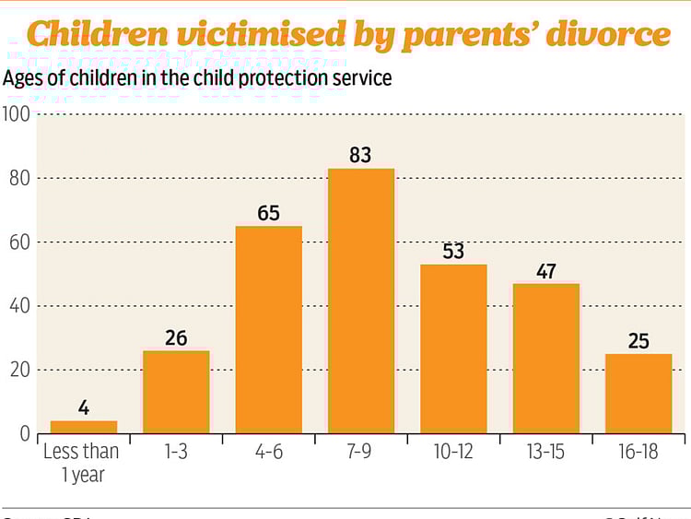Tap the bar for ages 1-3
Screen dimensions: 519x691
tap(176, 392)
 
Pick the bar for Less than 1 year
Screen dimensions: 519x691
tap(84, 427)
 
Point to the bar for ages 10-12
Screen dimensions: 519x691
tap(453, 349)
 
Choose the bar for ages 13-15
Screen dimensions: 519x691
tap(545, 359)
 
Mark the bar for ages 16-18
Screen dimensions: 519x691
tap(638, 394)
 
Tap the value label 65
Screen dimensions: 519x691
tap(268, 213)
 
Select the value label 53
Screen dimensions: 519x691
tap(453, 252)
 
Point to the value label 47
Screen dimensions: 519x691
tap(545, 271)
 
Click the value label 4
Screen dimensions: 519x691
tap(84, 407)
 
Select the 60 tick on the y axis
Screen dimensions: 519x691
tap(18, 242)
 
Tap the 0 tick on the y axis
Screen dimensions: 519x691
tap(24, 434)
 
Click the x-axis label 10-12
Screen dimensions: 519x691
tap(453, 453)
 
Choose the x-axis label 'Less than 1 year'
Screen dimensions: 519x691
tap(82, 462)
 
